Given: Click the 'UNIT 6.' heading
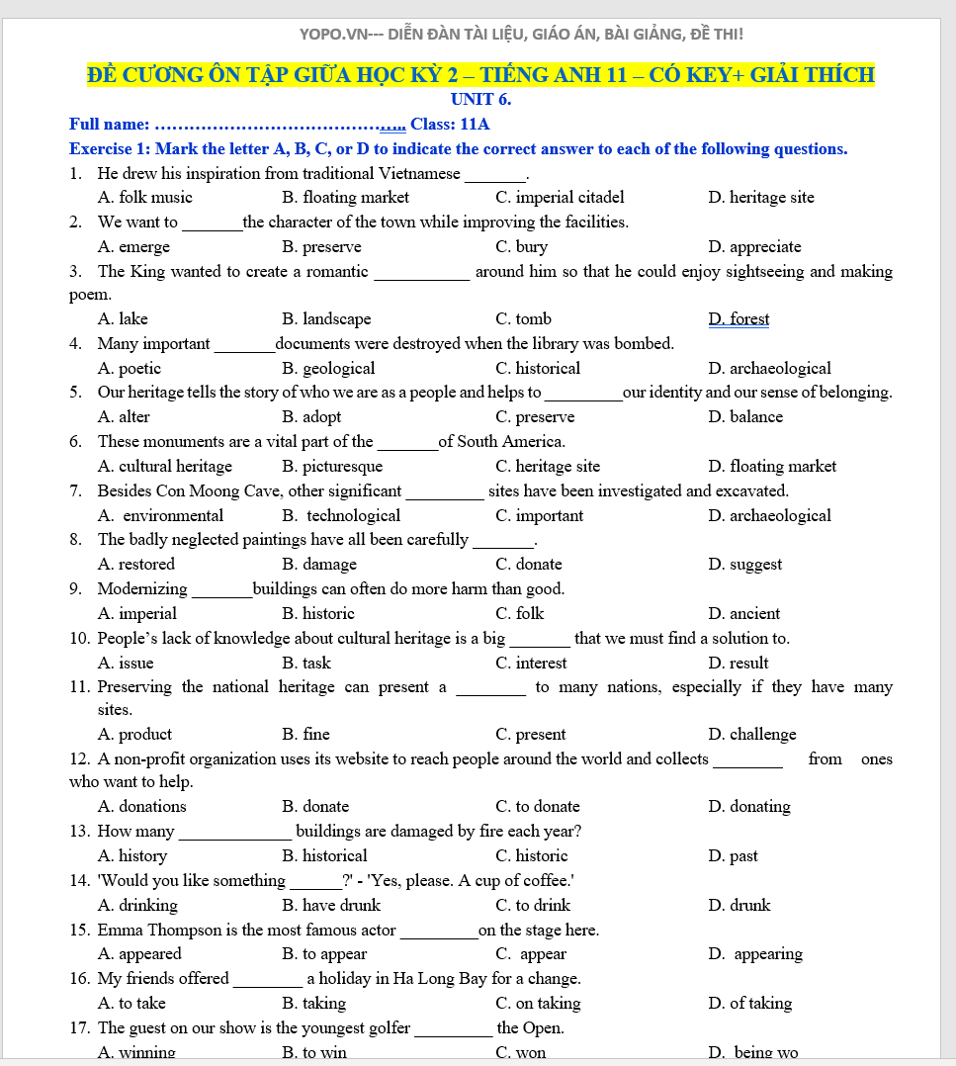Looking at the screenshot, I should tap(480, 99).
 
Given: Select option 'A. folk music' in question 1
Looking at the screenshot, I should tap(145, 198).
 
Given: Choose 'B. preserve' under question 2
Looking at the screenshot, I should tap(321, 247).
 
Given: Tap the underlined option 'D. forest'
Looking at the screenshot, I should tap(739, 319).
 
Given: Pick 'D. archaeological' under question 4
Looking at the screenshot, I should tap(769, 369).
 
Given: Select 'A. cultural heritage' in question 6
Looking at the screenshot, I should tap(165, 467).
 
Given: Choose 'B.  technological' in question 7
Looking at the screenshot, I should tap(341, 516).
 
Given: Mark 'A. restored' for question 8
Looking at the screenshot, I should tap(136, 565).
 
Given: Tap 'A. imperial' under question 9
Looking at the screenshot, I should tap(137, 614).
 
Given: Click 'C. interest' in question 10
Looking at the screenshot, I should tap(531, 664).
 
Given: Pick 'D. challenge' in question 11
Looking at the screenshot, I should tap(751, 735).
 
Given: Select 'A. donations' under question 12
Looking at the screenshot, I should tap(142, 807).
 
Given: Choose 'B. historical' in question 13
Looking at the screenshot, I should tap(324, 856).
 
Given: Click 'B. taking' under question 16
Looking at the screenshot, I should tap(313, 1004).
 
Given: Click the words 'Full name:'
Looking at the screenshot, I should tap(109, 125).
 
